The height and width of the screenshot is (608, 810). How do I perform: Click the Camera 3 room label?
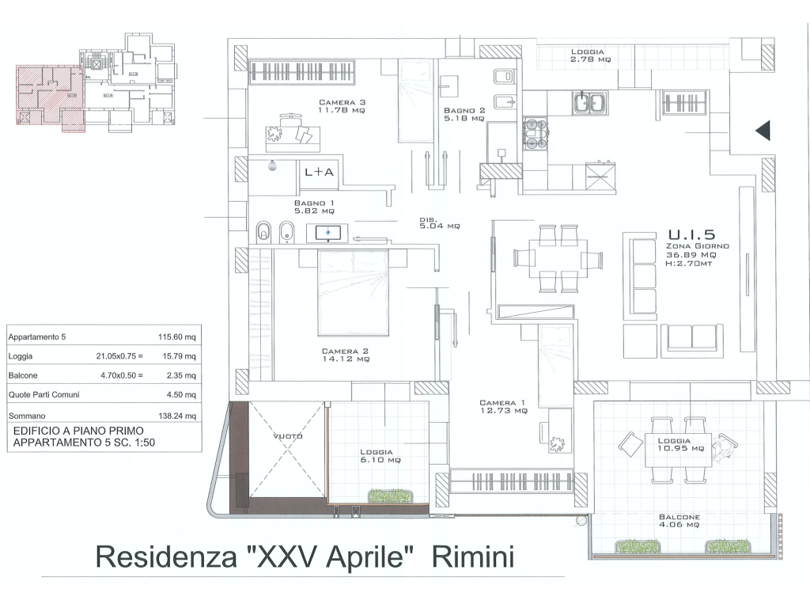click(x=342, y=106)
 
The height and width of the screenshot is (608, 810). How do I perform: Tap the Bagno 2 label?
click(x=464, y=114)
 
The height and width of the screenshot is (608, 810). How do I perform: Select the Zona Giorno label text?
click(x=698, y=246)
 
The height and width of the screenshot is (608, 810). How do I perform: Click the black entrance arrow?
click(x=763, y=131)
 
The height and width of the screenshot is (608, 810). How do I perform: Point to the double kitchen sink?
click(x=590, y=102)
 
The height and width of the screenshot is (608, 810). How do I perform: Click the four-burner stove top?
click(x=536, y=134)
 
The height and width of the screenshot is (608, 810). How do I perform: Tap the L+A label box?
click(x=319, y=172)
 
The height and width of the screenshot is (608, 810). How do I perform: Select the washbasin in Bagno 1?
click(x=327, y=233)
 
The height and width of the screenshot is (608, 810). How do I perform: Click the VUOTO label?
click(x=288, y=436)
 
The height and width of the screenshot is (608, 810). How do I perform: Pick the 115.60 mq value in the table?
click(x=176, y=337)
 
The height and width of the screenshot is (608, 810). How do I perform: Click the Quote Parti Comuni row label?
click(x=44, y=394)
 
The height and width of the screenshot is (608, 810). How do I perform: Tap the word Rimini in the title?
click(x=473, y=557)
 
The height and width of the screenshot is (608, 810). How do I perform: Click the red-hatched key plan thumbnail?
click(x=50, y=98)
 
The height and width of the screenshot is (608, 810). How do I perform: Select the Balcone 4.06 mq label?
click(x=679, y=521)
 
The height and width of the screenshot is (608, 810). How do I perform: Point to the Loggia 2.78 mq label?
click(x=590, y=55)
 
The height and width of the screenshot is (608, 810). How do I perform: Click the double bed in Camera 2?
click(x=353, y=291)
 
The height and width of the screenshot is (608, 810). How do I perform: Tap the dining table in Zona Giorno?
click(x=558, y=258)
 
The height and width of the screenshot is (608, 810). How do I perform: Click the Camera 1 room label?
click(x=503, y=406)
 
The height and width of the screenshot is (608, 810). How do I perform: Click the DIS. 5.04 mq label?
click(x=440, y=222)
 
